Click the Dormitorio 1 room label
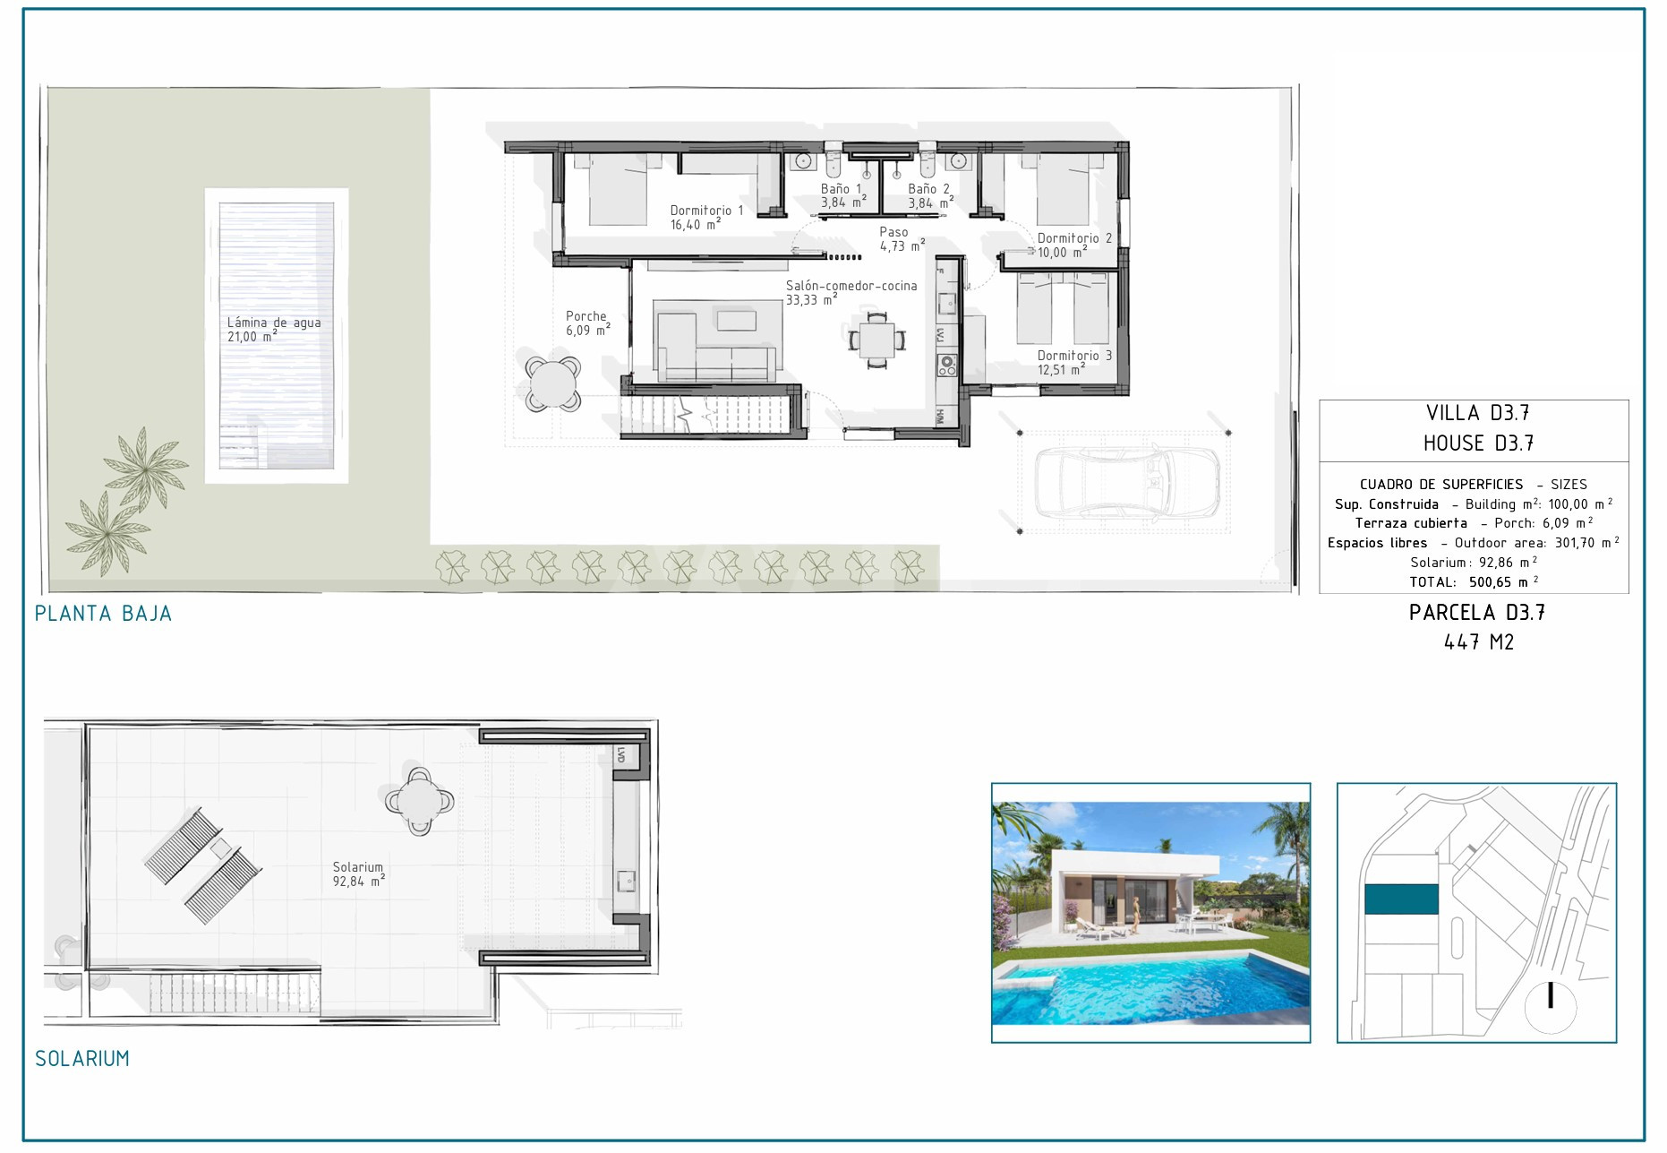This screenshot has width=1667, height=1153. (706, 217)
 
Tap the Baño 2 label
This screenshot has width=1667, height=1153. (930, 195)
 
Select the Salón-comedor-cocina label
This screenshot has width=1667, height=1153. (851, 292)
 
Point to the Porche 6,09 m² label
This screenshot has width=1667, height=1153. (587, 323)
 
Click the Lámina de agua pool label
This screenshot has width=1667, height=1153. (274, 329)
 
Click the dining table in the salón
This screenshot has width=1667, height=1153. (877, 340)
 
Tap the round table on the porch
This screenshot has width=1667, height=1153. (553, 383)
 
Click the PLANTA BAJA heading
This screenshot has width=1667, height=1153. (103, 614)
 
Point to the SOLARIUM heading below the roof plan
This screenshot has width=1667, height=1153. (82, 1058)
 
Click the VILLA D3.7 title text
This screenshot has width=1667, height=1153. (1478, 413)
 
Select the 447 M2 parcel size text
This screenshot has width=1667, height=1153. (1478, 642)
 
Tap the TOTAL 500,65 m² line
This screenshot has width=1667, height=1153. (1474, 582)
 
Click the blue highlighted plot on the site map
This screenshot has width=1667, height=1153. (1401, 899)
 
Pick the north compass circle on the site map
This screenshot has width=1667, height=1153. (1551, 1006)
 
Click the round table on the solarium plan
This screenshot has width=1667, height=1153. (420, 801)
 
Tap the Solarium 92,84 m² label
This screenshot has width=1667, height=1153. (358, 873)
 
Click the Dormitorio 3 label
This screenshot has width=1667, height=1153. (1074, 362)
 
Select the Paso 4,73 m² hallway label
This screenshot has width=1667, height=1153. (902, 238)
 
